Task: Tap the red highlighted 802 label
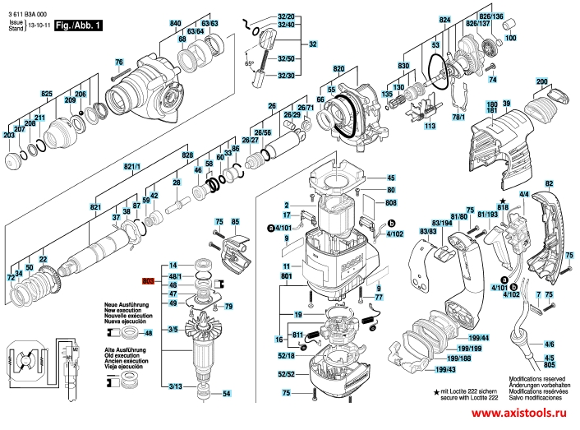coord(148,280)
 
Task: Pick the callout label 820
coord(338,68)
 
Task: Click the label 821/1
coord(132,167)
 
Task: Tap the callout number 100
coord(510,38)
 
